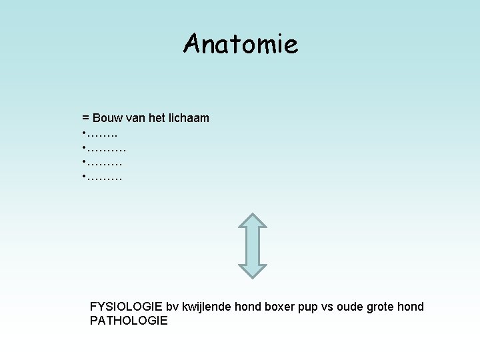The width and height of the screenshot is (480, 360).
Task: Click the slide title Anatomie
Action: click(x=241, y=44)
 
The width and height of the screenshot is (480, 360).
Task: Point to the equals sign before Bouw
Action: click(x=85, y=119)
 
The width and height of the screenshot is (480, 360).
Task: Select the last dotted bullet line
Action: click(x=103, y=178)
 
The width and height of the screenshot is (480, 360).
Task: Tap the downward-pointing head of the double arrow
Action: click(x=252, y=269)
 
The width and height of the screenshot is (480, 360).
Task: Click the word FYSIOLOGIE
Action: click(x=126, y=307)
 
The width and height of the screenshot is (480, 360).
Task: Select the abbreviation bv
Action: click(x=172, y=307)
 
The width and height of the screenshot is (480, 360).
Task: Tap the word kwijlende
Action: click(x=207, y=307)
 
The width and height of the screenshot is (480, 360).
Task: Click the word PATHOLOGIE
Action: click(x=129, y=321)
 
